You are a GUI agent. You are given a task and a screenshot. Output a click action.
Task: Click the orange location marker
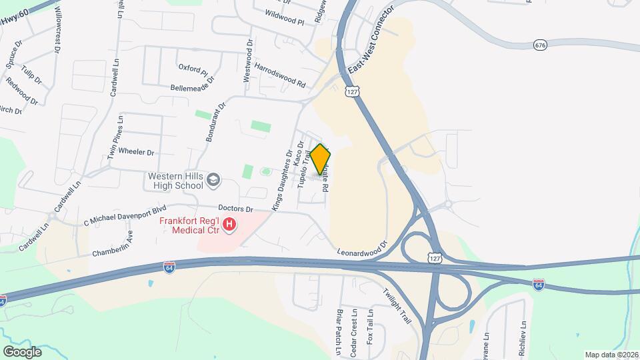(x=321, y=159)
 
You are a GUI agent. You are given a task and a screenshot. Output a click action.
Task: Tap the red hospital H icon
(x=229, y=225)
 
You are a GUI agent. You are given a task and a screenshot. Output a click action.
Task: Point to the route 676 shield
(x=540, y=45)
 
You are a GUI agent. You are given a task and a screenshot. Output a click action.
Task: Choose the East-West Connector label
(x=371, y=41)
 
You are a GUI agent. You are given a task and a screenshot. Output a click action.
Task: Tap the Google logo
(x=22, y=351)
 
